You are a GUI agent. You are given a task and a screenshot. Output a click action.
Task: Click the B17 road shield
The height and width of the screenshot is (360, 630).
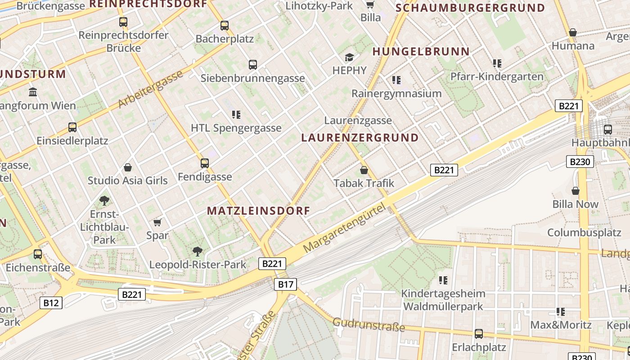pos(285,284)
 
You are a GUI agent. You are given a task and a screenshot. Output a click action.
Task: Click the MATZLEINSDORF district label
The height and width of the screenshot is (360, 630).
pos(258,211)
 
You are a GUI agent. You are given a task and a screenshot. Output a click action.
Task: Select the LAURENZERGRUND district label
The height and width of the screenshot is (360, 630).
pos(360,138)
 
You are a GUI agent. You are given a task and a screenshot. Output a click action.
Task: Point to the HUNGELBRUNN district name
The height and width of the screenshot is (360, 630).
pos(421,52)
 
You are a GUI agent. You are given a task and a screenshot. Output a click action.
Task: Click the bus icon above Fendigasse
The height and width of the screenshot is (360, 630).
pos(205,163)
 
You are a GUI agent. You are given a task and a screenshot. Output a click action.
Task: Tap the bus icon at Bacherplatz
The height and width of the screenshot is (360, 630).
pos(225,26)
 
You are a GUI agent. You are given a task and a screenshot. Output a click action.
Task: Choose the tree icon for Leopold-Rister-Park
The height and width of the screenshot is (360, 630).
pos(197,251)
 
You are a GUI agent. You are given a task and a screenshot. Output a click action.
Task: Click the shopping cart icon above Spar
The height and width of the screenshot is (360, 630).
pos(157,222)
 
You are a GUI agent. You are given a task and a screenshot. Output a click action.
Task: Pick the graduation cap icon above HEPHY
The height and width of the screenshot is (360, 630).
pos(349,57)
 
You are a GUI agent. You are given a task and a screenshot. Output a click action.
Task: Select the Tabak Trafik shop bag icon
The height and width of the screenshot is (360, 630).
pos(364,170)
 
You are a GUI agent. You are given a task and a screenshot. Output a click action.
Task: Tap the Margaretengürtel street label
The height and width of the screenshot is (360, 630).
pos(345,227)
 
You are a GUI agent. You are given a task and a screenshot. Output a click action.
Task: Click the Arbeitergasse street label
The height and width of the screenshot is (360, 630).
pos(151,89)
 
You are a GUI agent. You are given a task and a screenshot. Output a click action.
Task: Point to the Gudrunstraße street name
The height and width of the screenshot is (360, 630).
pos(369,324)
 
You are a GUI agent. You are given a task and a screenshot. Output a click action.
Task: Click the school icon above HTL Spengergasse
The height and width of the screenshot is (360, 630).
pos(236,115)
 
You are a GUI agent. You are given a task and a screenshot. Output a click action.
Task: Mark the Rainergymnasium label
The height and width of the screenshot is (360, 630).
pos(396,94)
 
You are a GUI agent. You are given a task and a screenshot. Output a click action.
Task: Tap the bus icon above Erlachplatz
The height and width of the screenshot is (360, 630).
pos(479,334)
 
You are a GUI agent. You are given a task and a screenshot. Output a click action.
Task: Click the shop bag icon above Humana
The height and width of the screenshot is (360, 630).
pos(573,32)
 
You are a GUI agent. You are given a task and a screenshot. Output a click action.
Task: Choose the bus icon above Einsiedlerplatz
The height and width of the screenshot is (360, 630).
pos(72,127)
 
